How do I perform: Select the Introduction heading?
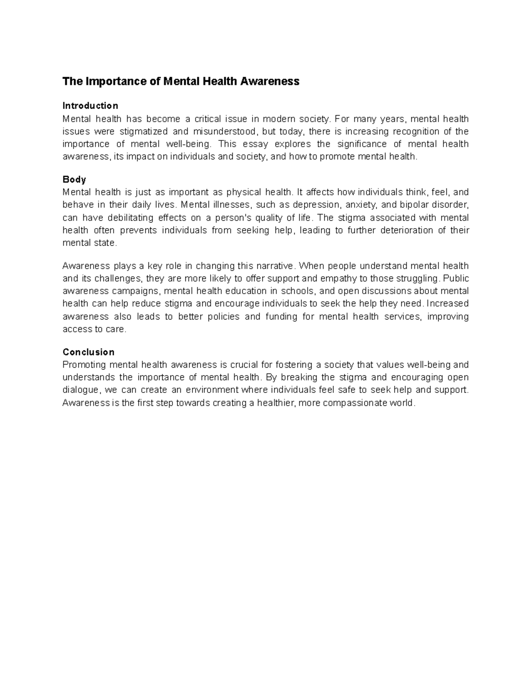click(x=90, y=105)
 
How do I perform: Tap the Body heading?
click(x=74, y=179)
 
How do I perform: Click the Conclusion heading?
click(x=89, y=352)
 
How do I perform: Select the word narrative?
click(x=275, y=266)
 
